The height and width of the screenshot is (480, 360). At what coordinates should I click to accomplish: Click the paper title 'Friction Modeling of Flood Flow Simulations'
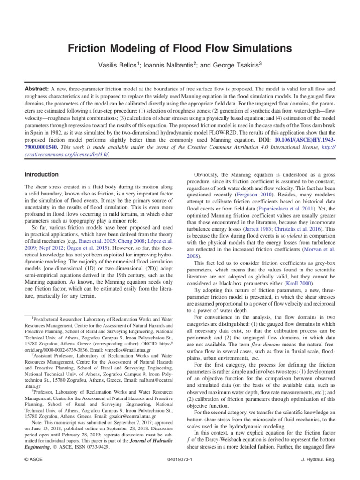pos(180,48)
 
